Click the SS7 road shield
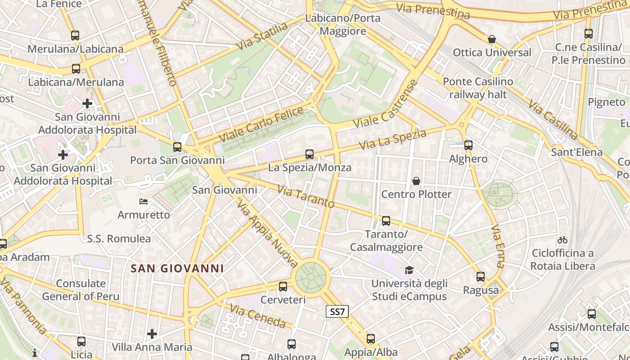pyautogui.click(x=337, y=311)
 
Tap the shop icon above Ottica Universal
pyautogui.click(x=492, y=40)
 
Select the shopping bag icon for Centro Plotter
pyautogui.click(x=416, y=181)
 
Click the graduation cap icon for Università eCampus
pyautogui.click(x=409, y=270)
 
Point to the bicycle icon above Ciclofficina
pyautogui.click(x=562, y=240)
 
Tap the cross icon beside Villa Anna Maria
pyautogui.click(x=152, y=334)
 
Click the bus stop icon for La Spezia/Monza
pyautogui.click(x=310, y=154)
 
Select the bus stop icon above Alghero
pyautogui.click(x=468, y=145)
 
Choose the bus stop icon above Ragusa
pyautogui.click(x=481, y=277)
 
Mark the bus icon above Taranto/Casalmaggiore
pyautogui.click(x=386, y=221)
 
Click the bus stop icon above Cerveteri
pyautogui.click(x=283, y=286)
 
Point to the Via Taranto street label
pyautogui.click(x=306, y=197)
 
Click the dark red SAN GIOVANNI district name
pyautogui.click(x=177, y=269)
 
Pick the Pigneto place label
pyautogui.click(x=607, y=102)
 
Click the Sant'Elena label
pyautogui.click(x=577, y=152)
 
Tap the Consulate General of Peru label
pyautogui.click(x=81, y=290)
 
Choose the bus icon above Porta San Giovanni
pyautogui.click(x=177, y=147)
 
